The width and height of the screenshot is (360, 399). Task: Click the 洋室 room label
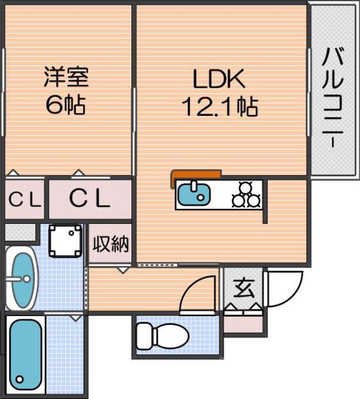[x=66, y=78]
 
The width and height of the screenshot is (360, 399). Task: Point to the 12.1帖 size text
[x=220, y=107]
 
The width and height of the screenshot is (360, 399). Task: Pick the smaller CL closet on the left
[x=24, y=199]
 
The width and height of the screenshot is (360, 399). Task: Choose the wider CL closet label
[x=89, y=199]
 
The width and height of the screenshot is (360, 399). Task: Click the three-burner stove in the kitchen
[x=245, y=194]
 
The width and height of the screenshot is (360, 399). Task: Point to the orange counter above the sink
[x=196, y=175]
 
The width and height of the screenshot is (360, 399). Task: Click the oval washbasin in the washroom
[x=22, y=278]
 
